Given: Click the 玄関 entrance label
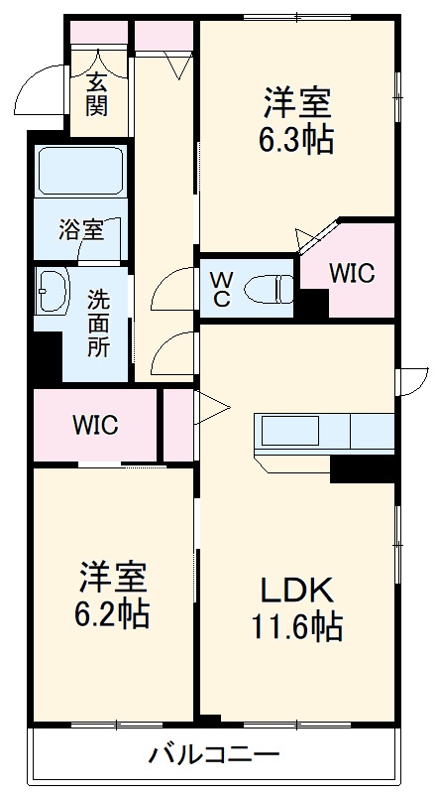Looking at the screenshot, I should [96, 93].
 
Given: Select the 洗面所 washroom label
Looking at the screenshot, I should [99, 323].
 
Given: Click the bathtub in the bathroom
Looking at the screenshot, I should [79, 172].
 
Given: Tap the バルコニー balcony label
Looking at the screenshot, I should [214, 755].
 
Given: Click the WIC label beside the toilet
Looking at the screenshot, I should [352, 274].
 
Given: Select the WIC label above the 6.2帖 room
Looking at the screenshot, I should [95, 426].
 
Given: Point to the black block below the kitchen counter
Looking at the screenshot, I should [363, 467].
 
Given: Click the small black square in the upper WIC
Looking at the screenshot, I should [314, 304].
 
